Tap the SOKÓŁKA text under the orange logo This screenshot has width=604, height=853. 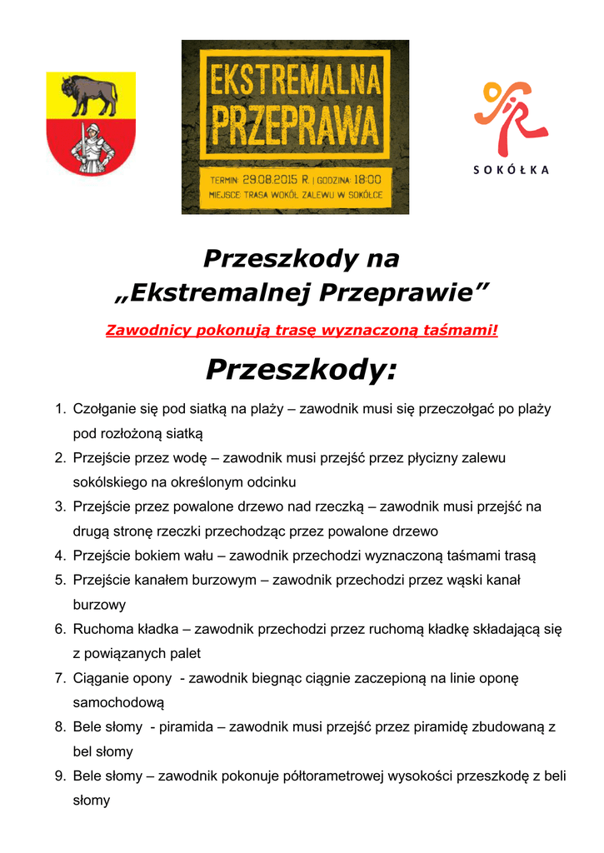(512, 170)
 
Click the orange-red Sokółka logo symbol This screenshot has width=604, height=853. (510, 117)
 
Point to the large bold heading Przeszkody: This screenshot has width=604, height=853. (302, 370)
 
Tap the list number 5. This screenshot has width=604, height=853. (60, 580)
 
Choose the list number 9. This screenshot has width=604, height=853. (60, 776)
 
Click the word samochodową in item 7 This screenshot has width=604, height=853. (118, 703)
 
